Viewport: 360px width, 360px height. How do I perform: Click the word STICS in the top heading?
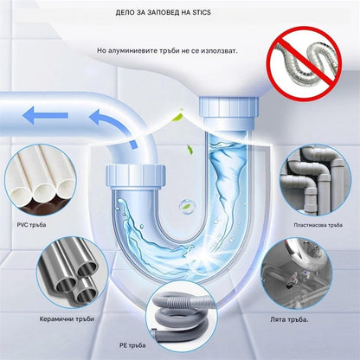(x=202, y=13)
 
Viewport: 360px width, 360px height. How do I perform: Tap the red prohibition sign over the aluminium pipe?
(x=304, y=62)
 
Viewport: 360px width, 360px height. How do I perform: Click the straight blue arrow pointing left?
(x=45, y=115)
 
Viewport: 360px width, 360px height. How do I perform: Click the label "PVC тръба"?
(x=31, y=225)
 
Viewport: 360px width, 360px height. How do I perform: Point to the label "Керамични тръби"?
(x=67, y=319)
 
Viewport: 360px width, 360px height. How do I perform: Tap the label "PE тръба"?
(x=132, y=345)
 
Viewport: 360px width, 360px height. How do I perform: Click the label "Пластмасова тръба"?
(x=318, y=225)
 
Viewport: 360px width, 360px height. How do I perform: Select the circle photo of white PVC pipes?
(x=41, y=179)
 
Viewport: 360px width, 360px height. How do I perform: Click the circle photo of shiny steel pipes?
(x=73, y=273)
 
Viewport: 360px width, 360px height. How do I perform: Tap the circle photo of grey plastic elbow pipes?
(x=315, y=179)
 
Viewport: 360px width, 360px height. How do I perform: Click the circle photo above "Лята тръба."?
(x=298, y=273)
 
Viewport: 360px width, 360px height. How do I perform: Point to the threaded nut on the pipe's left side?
(x=135, y=177)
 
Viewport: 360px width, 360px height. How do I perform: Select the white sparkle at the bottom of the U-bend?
(x=206, y=255)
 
